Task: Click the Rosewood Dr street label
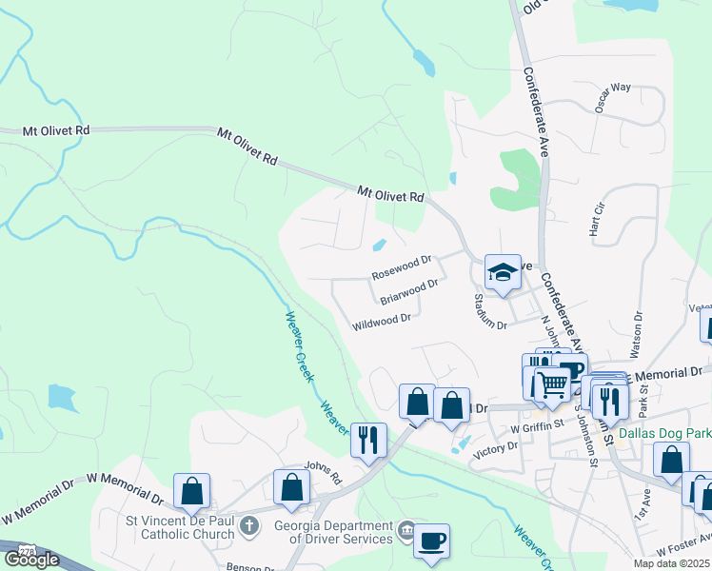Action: coord(402,266)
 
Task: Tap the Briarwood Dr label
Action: coord(408,291)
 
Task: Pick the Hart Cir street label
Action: coord(597,220)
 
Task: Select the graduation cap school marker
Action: coord(502,272)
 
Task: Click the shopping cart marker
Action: coord(552,384)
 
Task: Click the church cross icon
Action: coord(248,524)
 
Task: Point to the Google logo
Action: coord(32,559)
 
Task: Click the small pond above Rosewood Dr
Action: coord(379,246)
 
